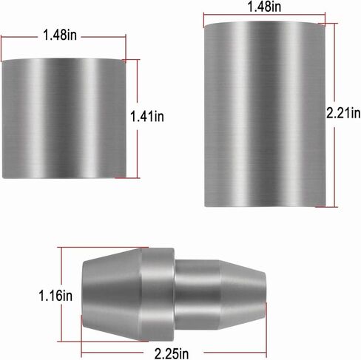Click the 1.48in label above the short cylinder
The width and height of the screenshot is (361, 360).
(x=60, y=35)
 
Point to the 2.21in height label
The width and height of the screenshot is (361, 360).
(x=343, y=114)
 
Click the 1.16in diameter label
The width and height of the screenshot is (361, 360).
(x=55, y=296)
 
